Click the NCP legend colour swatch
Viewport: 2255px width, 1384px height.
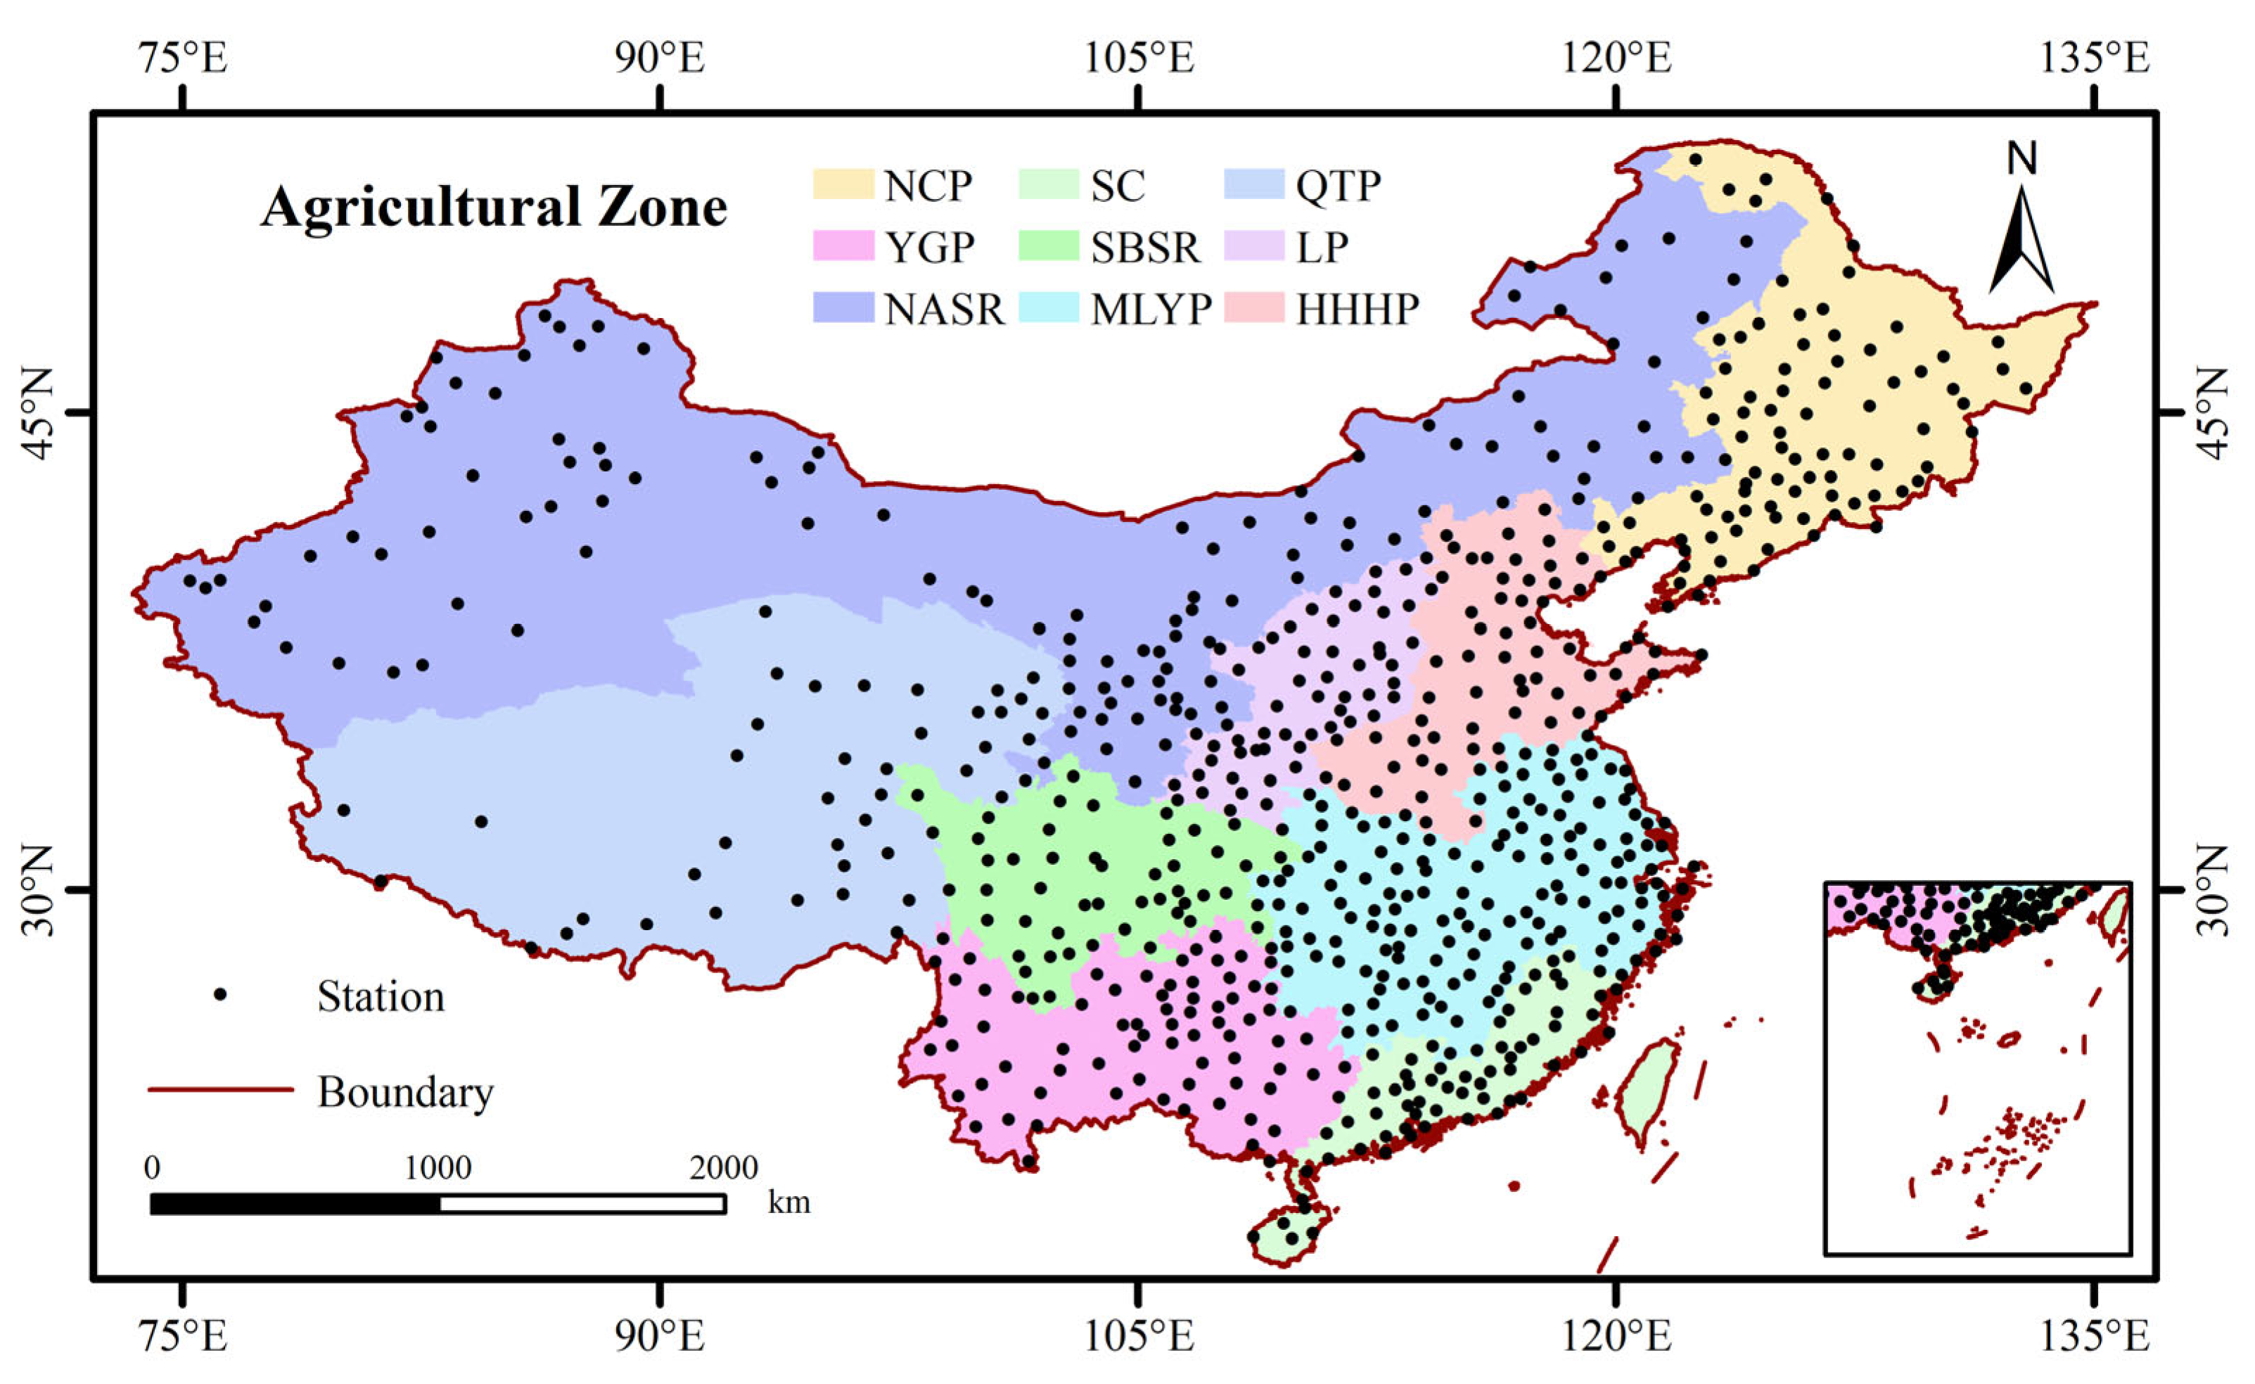pyautogui.click(x=843, y=184)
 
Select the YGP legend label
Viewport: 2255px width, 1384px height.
pyautogui.click(x=929, y=247)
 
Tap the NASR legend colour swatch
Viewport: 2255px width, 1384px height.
pyautogui.click(x=843, y=308)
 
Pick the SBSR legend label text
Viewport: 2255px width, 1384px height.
pyautogui.click(x=1144, y=247)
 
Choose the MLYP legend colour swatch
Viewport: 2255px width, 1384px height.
pyautogui.click(x=1048, y=308)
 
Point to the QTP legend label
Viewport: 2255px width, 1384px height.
pyautogui.click(x=1338, y=186)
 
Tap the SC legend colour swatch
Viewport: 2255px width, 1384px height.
pyautogui.click(x=1048, y=184)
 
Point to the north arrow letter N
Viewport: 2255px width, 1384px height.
pyautogui.click(x=2021, y=160)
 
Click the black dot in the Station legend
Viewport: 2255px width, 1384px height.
pyautogui.click(x=219, y=995)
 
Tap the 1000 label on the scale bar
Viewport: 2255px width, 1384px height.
pyautogui.click(x=438, y=1168)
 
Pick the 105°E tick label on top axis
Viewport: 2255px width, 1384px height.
pyautogui.click(x=1139, y=58)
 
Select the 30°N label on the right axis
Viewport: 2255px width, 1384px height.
pyautogui.click(x=2216, y=889)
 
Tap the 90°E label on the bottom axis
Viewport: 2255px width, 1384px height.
pyautogui.click(x=659, y=1338)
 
